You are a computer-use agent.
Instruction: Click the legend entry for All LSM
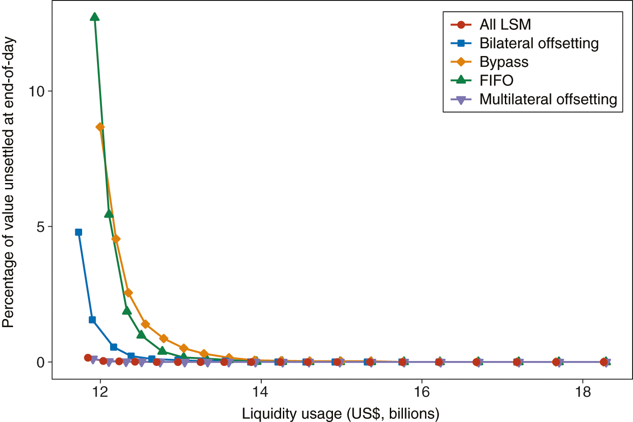(505, 24)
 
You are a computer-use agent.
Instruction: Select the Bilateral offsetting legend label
(539, 43)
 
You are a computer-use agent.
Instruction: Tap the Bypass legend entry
(504, 62)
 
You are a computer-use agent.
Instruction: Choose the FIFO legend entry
(496, 80)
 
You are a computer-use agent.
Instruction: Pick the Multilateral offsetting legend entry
(548, 99)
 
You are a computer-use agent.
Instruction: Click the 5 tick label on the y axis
(42, 227)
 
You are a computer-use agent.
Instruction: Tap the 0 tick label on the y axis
(42, 362)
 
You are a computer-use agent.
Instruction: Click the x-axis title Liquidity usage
(341, 413)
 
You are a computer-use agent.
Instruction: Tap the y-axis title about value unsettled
(9, 183)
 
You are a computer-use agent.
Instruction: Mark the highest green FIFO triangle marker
(95, 17)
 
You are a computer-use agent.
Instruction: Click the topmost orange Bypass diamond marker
(100, 127)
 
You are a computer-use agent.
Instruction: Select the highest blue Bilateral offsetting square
(79, 232)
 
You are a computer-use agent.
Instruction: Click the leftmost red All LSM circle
(88, 358)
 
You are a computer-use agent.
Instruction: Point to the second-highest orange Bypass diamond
(116, 239)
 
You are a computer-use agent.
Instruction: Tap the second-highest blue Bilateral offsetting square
(92, 320)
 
